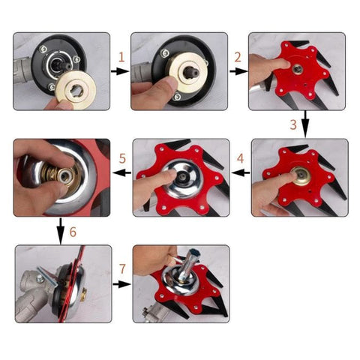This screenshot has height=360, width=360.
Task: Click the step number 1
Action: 121,57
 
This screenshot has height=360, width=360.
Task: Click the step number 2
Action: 238,57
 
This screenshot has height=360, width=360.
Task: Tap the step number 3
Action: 293,124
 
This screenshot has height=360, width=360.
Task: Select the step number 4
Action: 241,158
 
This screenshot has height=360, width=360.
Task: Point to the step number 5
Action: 122,158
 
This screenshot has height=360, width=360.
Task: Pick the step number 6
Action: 73,232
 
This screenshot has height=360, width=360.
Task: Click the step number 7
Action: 122,269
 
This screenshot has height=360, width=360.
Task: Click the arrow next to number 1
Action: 120,71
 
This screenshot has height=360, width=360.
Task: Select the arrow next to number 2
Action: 238,71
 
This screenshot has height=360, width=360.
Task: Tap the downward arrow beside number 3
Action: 305,124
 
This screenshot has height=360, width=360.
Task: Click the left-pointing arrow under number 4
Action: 241,172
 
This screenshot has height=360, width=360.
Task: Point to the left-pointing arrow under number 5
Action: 122,172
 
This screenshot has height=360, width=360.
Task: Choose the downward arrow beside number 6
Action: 61,231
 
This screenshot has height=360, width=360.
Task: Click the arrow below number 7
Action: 121,284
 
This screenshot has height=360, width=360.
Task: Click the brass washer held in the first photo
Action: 76,90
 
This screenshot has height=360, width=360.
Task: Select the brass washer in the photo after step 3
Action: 300,175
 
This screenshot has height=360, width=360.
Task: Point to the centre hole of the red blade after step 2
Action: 298,69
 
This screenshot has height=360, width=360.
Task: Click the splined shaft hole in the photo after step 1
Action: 191,72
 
